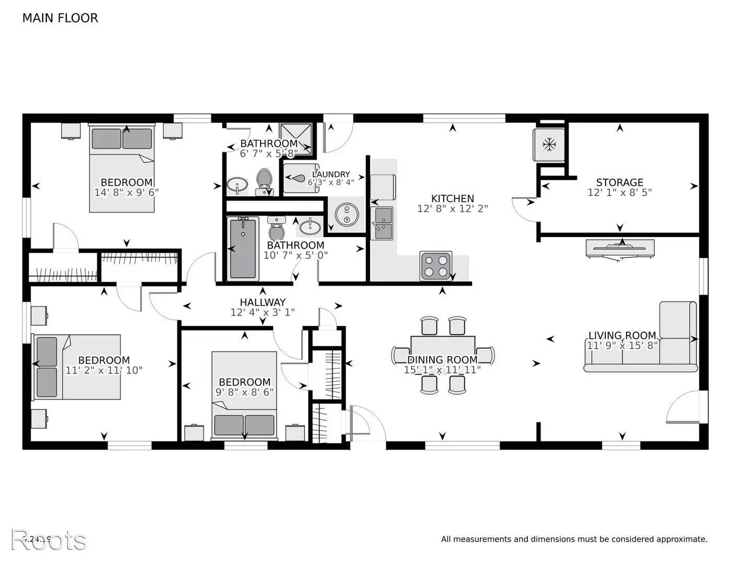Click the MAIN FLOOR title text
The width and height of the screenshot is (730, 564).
pos(60,18)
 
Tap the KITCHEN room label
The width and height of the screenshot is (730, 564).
pos(452,198)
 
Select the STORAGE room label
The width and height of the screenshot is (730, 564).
pos(619,182)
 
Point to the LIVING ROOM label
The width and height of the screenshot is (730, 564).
pos(622,335)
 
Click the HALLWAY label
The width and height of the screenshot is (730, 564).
pos(263,302)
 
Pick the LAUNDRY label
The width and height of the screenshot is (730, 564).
pos(331,174)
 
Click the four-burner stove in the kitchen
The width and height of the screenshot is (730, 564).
pos(436,265)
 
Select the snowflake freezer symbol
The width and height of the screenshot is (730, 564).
pos(548,145)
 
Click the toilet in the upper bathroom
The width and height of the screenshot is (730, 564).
pos(265,181)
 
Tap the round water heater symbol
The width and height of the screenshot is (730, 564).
pos(345,215)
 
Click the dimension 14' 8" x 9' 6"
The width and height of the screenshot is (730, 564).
pos(126,192)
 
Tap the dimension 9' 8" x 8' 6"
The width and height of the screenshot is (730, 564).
pos(244,392)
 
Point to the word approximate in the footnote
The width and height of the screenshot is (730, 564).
pos(681,539)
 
